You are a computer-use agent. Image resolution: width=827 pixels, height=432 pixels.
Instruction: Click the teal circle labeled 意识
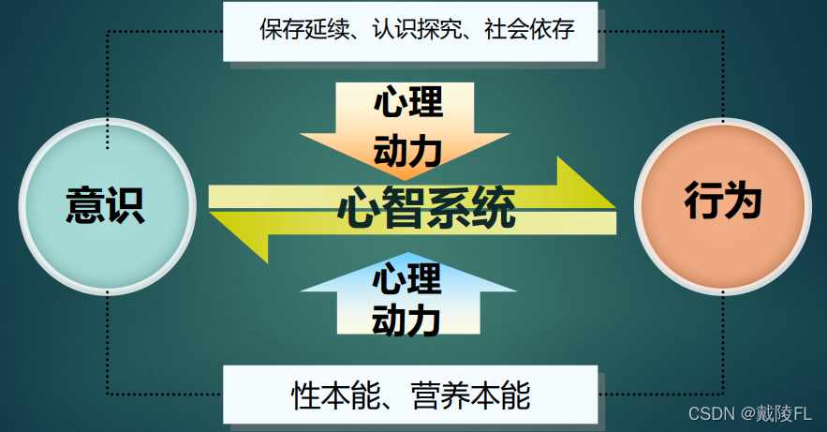click(x=107, y=206)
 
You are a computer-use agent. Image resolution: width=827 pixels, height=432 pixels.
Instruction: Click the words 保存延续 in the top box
click(x=298, y=29)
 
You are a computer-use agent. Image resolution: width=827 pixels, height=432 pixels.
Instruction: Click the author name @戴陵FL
click(x=777, y=413)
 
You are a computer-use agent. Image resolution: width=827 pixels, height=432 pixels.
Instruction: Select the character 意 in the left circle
click(x=84, y=206)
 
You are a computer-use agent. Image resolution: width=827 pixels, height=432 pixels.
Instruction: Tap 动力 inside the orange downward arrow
click(x=407, y=150)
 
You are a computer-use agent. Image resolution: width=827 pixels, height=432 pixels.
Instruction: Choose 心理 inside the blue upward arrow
click(x=406, y=278)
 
